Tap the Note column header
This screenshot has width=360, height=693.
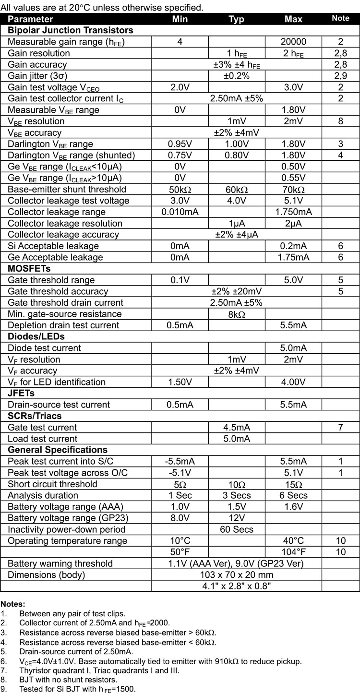340,19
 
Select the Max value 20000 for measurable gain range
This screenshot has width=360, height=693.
293,42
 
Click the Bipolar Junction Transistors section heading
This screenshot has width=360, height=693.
71,30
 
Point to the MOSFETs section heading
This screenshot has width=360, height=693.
29,268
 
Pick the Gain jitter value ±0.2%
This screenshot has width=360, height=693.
236,76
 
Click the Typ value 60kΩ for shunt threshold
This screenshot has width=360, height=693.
236,189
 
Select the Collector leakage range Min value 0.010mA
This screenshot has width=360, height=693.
180,212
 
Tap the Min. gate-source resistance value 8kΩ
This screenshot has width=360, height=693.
236,314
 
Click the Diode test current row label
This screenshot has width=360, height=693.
44,348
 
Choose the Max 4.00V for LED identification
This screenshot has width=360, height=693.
293,382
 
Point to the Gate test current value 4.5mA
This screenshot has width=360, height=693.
236,427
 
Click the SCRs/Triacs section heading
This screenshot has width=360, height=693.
35,416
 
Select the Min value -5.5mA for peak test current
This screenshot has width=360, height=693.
180,461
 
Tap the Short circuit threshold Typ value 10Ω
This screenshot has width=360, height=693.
236,484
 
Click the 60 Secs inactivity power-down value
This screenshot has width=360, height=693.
236,529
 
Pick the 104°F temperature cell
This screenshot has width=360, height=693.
293,552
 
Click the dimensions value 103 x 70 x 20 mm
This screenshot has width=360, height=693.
236,574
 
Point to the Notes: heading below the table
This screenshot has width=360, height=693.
13,604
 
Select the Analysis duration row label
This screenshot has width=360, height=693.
43,495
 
